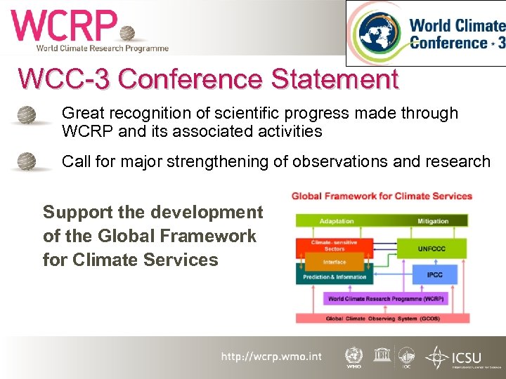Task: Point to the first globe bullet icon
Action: tap(27, 114)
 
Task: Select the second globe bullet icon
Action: tap(27, 161)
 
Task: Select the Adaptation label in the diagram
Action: tap(337, 221)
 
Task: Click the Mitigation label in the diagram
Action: tap(433, 221)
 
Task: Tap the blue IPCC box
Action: tap(434, 274)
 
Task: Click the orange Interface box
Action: tap(335, 262)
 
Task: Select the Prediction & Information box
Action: tap(335, 277)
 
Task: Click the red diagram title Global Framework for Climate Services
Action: tap(382, 196)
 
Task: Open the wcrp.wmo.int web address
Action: tap(271, 357)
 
